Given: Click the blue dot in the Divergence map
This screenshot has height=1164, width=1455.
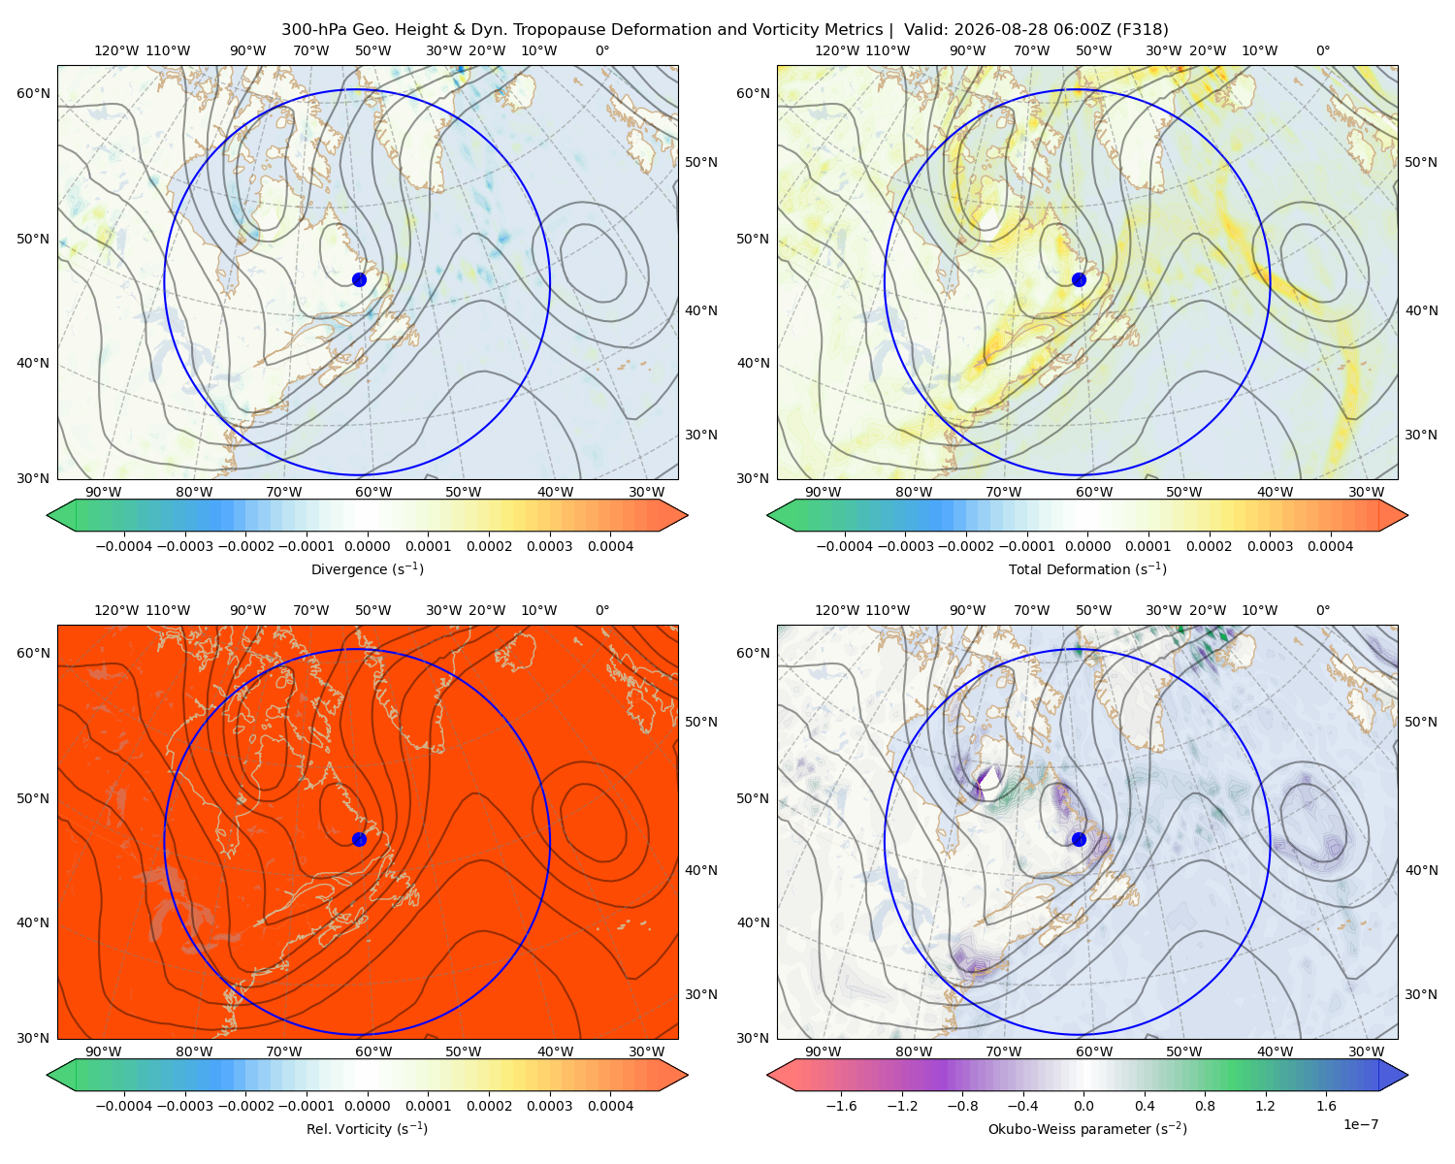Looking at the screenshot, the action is click(x=359, y=280).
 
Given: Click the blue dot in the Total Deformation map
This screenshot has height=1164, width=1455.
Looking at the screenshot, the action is click(x=1079, y=280).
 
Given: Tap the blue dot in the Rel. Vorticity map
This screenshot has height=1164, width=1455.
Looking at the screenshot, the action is click(x=359, y=839).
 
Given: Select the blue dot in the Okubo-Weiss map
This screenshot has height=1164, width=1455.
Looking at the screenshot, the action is click(x=1079, y=839).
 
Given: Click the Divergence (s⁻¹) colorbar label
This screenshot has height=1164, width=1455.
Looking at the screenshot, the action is click(x=367, y=568).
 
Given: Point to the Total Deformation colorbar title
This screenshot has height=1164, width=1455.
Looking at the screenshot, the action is click(x=1087, y=568).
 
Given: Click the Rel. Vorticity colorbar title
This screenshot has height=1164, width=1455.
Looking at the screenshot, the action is click(x=367, y=1129).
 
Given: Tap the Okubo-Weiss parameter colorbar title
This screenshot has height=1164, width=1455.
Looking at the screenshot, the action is click(x=1087, y=1129).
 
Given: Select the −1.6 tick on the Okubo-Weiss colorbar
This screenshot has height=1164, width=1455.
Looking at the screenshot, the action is click(x=841, y=1106).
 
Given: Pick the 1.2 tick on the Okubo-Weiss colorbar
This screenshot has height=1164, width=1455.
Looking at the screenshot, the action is click(x=1265, y=1106).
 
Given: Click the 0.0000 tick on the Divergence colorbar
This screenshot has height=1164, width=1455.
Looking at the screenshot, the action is click(x=367, y=546).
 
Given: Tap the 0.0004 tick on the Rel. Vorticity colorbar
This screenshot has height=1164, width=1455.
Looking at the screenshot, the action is click(x=610, y=1106).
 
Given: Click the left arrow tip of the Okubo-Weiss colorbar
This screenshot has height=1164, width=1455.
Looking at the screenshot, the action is click(x=767, y=1075).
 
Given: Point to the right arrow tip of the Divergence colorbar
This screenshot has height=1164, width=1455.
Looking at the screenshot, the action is click(x=688, y=515).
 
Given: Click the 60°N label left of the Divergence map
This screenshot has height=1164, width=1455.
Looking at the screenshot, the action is click(x=33, y=93).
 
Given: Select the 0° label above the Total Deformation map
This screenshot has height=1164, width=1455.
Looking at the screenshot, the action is click(x=1322, y=50).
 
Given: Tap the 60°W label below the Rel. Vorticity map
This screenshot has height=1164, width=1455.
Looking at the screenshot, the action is click(x=373, y=1051).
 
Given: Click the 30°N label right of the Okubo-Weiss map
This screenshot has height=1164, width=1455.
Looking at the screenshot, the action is click(x=1421, y=994).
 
